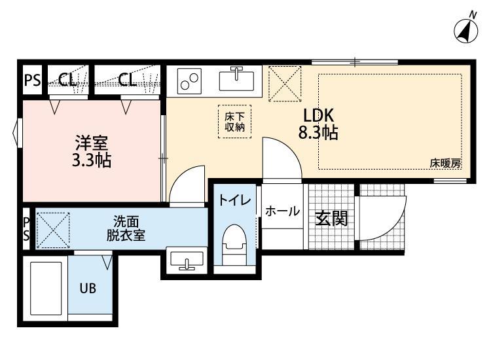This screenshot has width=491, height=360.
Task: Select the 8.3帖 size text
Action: (318, 133)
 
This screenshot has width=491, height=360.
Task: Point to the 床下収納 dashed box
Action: (231, 122)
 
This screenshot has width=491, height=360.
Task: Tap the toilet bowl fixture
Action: (233, 243)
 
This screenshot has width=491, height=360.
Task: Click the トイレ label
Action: (234, 201)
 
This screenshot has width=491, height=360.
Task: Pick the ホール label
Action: (283, 211)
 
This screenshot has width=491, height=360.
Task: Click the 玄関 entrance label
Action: (331, 219)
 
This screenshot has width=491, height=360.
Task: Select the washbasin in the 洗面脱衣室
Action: (187, 262)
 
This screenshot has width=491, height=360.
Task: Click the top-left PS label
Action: (31, 81)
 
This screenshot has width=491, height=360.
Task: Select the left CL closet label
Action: (67, 81)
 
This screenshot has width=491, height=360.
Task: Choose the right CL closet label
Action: (128, 81)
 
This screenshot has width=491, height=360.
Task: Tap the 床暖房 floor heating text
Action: (446, 164)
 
